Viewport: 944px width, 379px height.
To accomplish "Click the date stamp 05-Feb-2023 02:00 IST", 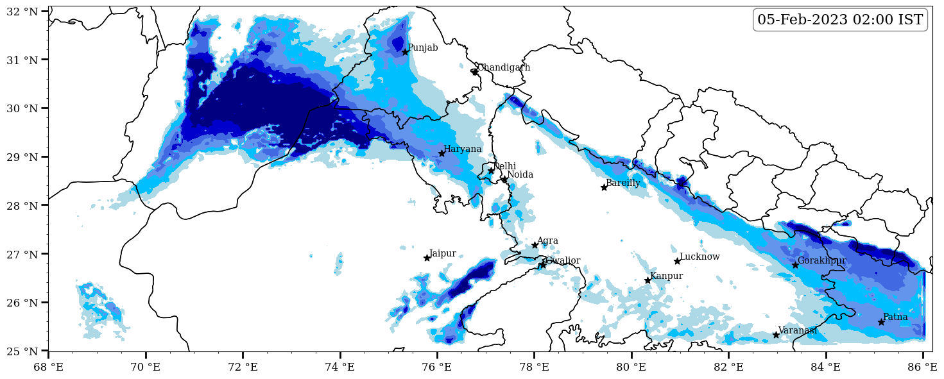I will click(x=840, y=20).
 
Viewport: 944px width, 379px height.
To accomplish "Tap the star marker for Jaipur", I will click(x=427, y=258).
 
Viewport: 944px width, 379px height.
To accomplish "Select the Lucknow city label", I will click(x=699, y=257).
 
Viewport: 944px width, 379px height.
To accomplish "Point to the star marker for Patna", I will click(x=881, y=322).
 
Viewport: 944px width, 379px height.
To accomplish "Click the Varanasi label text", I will click(x=798, y=330).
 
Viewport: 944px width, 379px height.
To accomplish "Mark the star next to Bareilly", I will click(x=604, y=187).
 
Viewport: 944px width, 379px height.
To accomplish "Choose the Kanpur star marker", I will click(x=648, y=280).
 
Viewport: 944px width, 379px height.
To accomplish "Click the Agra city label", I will click(x=547, y=241).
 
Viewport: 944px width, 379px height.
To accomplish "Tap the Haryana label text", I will click(x=462, y=149).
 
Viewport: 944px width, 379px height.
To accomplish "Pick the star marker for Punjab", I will click(x=405, y=52).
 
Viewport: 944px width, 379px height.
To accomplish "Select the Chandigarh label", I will click(x=504, y=68).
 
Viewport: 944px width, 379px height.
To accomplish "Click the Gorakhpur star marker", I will click(x=795, y=265).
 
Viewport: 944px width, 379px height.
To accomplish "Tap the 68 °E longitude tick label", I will click(x=48, y=367).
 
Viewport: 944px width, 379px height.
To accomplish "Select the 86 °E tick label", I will click(x=923, y=367).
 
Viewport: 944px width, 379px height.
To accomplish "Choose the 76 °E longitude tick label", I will click(x=437, y=367).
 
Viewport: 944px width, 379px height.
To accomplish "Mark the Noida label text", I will click(x=520, y=175).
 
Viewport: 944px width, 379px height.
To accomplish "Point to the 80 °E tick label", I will click(x=631, y=367).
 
